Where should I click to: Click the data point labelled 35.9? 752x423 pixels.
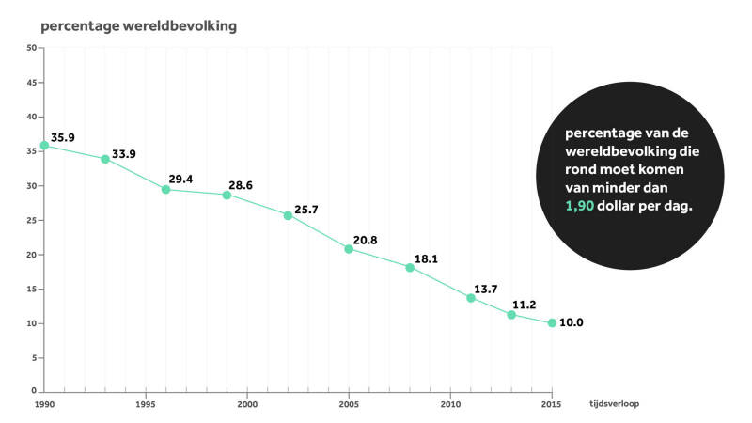[x=44, y=146]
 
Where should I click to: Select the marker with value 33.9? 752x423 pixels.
[x=105, y=159]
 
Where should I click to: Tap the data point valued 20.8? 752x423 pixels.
[x=349, y=249]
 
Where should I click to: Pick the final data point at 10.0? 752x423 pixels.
[x=552, y=322]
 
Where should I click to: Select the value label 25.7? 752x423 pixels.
[x=306, y=209]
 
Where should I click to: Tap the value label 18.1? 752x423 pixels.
[x=427, y=258]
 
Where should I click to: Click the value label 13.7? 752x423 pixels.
[x=485, y=289]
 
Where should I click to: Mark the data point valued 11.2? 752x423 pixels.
[x=511, y=314]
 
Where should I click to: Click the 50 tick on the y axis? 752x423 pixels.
[x=31, y=48]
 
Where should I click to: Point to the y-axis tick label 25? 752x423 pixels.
[x=31, y=220]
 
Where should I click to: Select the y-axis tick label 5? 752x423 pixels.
[x=33, y=357]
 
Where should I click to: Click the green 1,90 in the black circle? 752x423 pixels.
[x=581, y=206]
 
